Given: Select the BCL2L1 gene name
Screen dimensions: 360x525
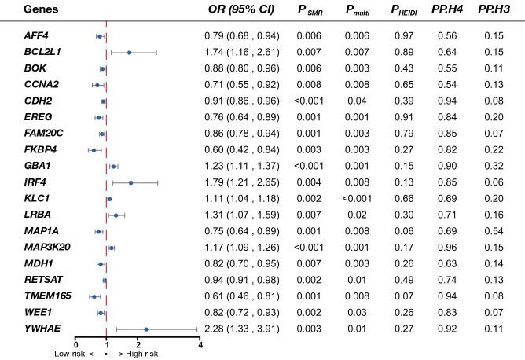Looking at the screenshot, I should tap(43, 52).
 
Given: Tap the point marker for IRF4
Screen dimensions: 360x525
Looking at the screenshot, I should tap(130, 182).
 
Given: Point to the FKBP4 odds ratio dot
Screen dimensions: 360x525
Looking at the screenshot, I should tap(94, 149).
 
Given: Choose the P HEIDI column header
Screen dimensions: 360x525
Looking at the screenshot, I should tap(398, 11).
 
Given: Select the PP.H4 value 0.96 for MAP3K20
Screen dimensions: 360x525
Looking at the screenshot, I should tap(446, 248).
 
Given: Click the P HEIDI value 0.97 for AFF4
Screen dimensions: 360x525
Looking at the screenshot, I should tap(398, 36).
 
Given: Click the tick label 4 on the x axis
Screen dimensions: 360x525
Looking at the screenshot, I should tap(200, 343).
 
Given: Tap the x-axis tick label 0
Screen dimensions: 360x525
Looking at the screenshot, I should tap(75, 343).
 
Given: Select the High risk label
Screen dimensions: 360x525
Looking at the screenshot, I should tap(142, 354).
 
